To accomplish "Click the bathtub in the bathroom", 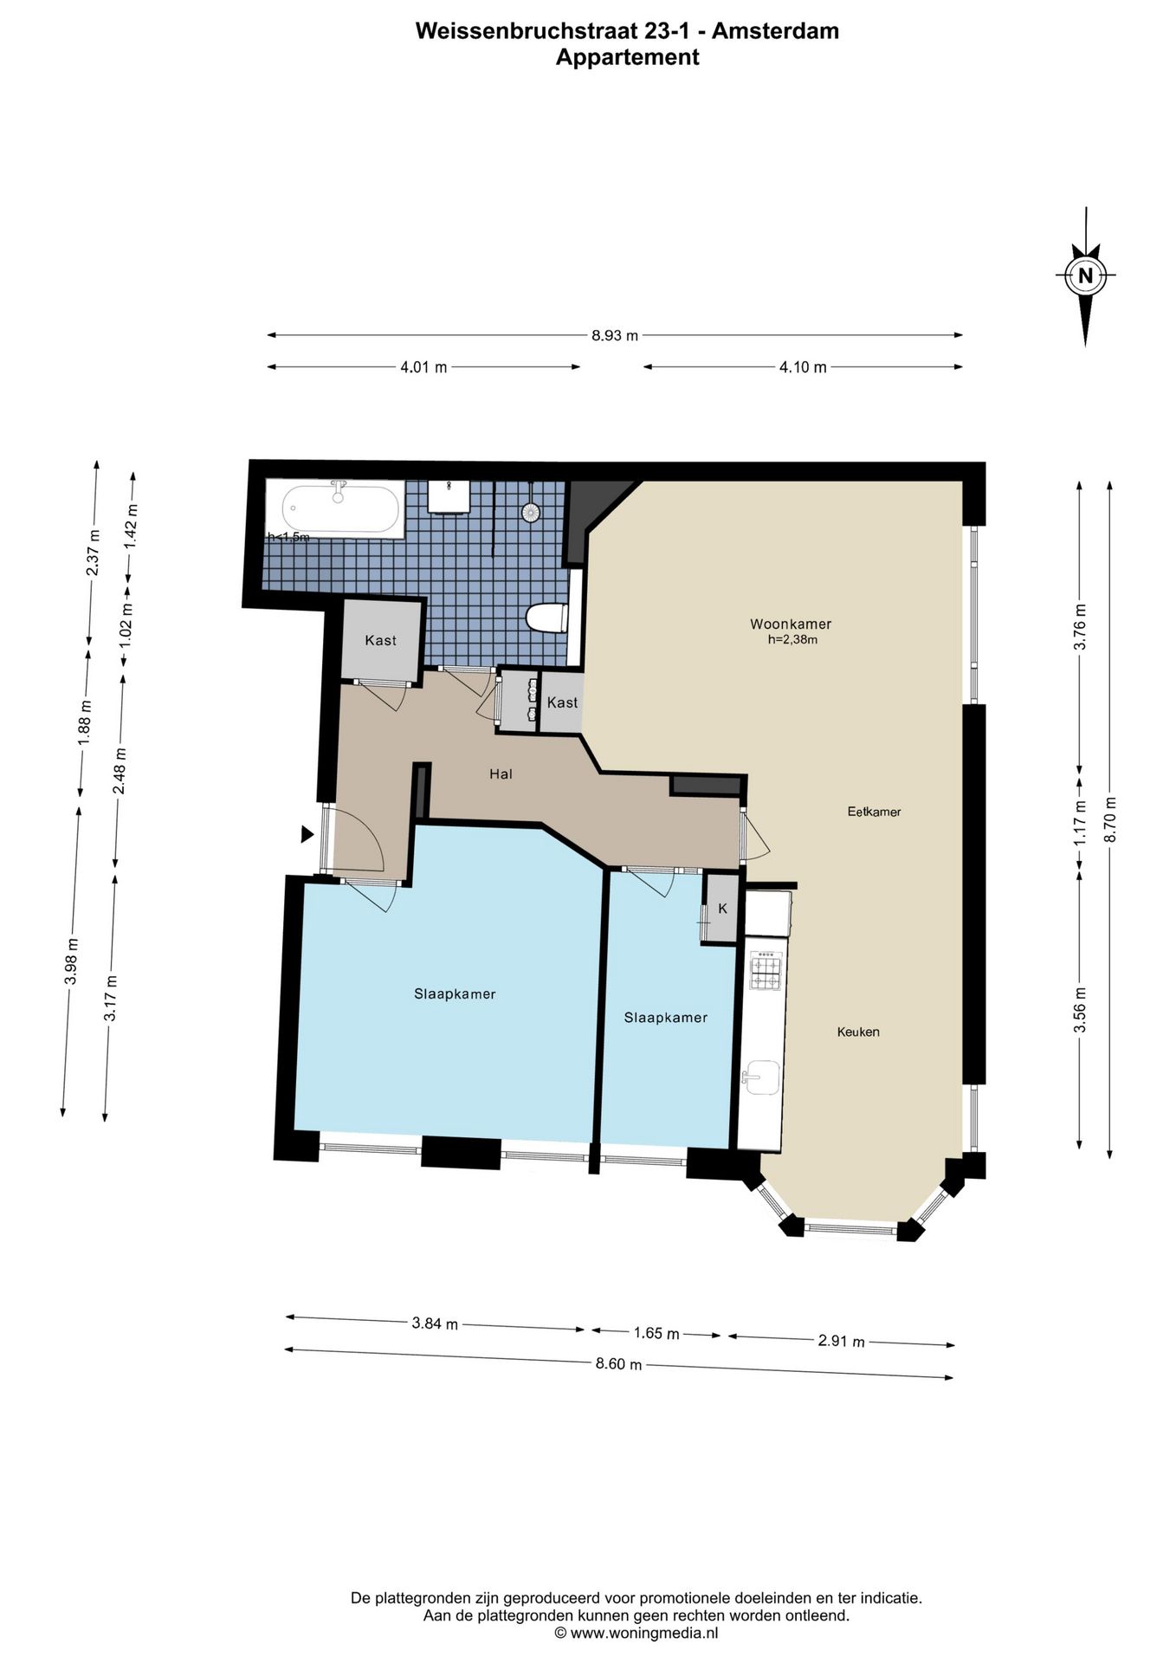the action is (334, 508).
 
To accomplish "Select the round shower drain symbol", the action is (531, 512).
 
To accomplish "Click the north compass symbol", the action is (1085, 276).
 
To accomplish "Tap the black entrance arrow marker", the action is (307, 834).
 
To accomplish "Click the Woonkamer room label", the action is (791, 624).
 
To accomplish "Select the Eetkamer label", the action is (874, 812).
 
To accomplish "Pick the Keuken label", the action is (858, 1032).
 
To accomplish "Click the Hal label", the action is (501, 773).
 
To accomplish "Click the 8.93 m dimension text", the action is (615, 335).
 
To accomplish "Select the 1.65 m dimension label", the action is (656, 1333).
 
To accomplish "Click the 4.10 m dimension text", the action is (803, 366).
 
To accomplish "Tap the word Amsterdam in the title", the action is (775, 31).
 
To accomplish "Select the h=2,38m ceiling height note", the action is (792, 640).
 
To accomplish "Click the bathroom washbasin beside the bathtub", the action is (449, 496).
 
